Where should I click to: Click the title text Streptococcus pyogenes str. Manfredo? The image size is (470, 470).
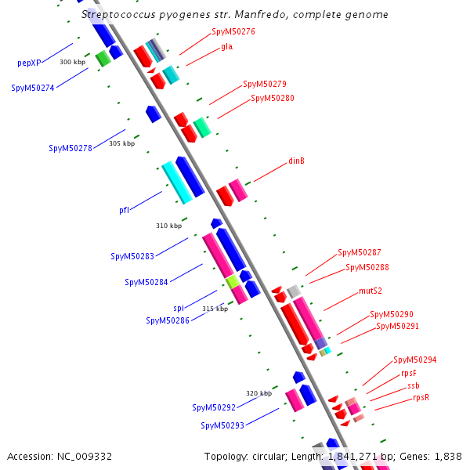pyautogui.click(x=234, y=15)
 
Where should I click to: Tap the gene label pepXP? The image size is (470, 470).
pyautogui.click(x=29, y=63)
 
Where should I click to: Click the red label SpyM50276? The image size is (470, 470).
pyautogui.click(x=233, y=32)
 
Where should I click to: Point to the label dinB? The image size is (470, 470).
pyautogui.click(x=296, y=161)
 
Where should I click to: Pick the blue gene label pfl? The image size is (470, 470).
pyautogui.click(x=124, y=210)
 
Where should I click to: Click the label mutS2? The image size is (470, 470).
pyautogui.click(x=371, y=291)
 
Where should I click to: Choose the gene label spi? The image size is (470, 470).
pyautogui.click(x=179, y=308)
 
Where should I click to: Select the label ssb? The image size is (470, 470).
pyautogui.click(x=413, y=386)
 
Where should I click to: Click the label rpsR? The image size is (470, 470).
pyautogui.click(x=421, y=398)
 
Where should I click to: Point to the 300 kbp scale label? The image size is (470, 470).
pyautogui.click(x=72, y=62)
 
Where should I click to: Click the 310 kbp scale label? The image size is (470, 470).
pyautogui.click(x=168, y=226)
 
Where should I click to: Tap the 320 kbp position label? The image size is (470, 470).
pyautogui.click(x=258, y=393)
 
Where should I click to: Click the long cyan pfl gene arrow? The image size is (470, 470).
pyautogui.click(x=177, y=183)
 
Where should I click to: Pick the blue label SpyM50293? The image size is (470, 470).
pyautogui.click(x=222, y=425)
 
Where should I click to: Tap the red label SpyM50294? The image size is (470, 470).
pyautogui.click(x=414, y=360)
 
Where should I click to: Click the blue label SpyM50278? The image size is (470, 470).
pyautogui.click(x=70, y=148)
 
